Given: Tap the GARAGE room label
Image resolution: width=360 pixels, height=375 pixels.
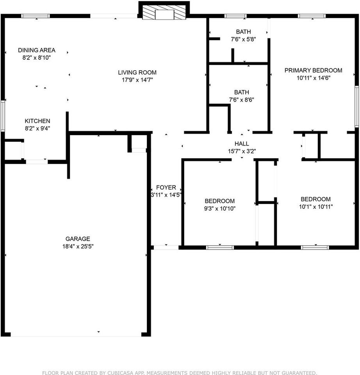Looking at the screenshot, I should tap(78, 239).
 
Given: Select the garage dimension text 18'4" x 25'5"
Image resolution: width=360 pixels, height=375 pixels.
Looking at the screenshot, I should tap(78, 246).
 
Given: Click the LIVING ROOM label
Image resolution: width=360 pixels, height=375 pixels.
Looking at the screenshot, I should tap(137, 72).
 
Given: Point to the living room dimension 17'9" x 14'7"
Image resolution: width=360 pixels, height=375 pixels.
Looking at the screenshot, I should tap(137, 80).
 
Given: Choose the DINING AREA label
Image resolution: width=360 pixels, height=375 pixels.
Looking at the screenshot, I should tap(37, 50).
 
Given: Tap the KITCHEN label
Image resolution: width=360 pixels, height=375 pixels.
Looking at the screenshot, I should tap(37, 121).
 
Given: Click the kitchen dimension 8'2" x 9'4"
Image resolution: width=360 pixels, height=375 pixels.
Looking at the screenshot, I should tap(37, 128).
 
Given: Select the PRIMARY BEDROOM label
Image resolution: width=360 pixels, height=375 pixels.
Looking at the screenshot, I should tap(313, 70).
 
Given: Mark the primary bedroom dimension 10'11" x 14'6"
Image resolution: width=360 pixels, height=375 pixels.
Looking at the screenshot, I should tap(313, 78).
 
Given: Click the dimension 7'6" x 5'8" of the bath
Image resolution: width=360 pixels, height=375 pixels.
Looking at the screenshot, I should tap(243, 39).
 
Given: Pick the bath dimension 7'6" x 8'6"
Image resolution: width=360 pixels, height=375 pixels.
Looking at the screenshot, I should tap(241, 100).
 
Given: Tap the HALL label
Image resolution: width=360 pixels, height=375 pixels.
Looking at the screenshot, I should tap(242, 144).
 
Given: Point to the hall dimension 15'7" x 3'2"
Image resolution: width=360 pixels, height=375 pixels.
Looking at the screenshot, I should tap(242, 151).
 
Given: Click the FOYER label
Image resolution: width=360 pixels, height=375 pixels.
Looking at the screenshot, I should tap(166, 187).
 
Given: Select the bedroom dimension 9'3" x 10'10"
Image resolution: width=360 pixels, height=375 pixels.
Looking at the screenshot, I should tap(220, 208).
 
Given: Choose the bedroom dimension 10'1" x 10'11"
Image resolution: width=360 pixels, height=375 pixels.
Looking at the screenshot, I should tap(315, 206).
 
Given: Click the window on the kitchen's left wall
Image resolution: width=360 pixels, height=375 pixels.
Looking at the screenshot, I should tap(2, 116).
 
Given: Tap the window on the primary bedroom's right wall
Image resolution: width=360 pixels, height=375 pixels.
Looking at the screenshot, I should tap(356, 107).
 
